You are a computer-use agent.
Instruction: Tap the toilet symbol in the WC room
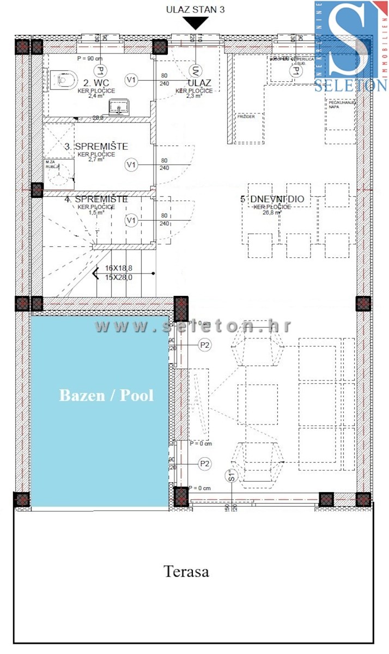click(64, 81)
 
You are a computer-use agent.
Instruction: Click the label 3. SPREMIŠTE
click(96, 147)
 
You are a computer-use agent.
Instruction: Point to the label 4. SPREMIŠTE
click(96, 199)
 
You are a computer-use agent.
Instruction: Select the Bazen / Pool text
click(106, 395)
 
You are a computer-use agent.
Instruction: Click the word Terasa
click(186, 571)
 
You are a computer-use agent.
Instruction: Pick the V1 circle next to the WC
click(131, 80)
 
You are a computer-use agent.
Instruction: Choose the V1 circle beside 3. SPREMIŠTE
click(131, 164)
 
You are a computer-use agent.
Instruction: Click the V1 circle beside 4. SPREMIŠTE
click(131, 220)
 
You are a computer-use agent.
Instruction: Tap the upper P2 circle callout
click(205, 345)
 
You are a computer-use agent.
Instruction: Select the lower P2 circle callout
click(205, 464)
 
